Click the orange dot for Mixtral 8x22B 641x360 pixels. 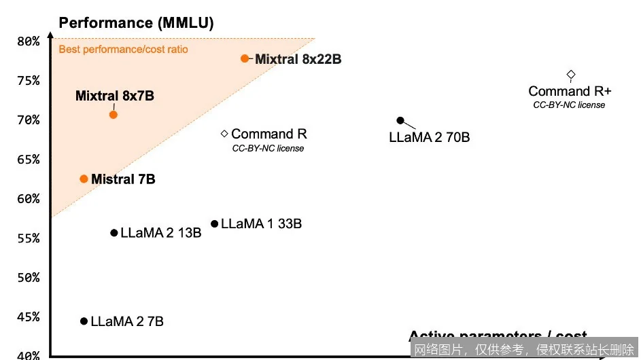(245, 58)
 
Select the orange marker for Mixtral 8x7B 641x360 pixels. (114, 114)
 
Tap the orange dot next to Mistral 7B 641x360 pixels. (84, 179)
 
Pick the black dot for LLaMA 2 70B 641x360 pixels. (400, 121)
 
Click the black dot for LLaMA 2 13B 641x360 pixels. (114, 233)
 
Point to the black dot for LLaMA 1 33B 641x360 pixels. (215, 223)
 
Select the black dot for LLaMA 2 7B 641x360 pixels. (84, 321)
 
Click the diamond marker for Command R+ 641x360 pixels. (571, 74)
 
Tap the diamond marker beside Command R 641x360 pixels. (224, 134)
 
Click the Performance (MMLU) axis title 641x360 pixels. (137, 23)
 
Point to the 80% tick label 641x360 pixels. (28, 41)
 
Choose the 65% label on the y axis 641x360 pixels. (28, 160)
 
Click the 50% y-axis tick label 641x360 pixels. (28, 278)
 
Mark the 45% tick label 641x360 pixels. (28, 317)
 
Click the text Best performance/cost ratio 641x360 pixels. (123, 49)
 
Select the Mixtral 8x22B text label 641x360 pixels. (298, 59)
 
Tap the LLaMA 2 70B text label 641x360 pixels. (429, 137)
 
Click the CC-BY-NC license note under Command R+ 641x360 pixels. (569, 105)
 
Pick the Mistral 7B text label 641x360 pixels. (123, 179)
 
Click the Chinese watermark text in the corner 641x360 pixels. (524, 350)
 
